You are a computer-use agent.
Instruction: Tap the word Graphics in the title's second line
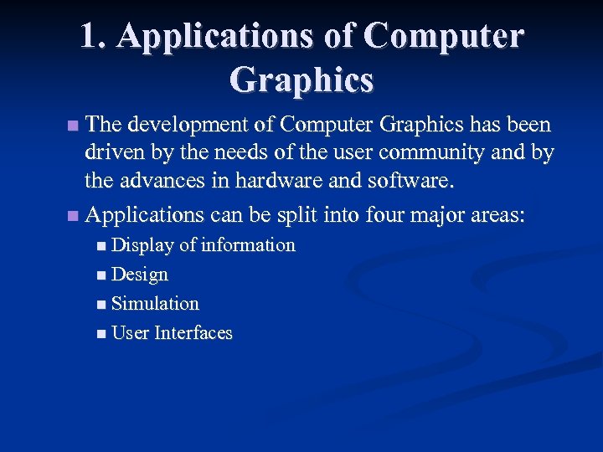click(x=301, y=80)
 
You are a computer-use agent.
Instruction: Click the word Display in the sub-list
click(x=142, y=245)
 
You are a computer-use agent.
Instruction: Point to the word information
click(x=248, y=245)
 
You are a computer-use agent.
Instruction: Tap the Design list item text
click(x=140, y=275)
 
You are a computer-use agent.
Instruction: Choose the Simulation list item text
click(x=155, y=304)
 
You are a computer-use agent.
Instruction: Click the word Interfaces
click(x=193, y=333)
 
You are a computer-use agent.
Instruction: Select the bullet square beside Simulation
click(x=101, y=305)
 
